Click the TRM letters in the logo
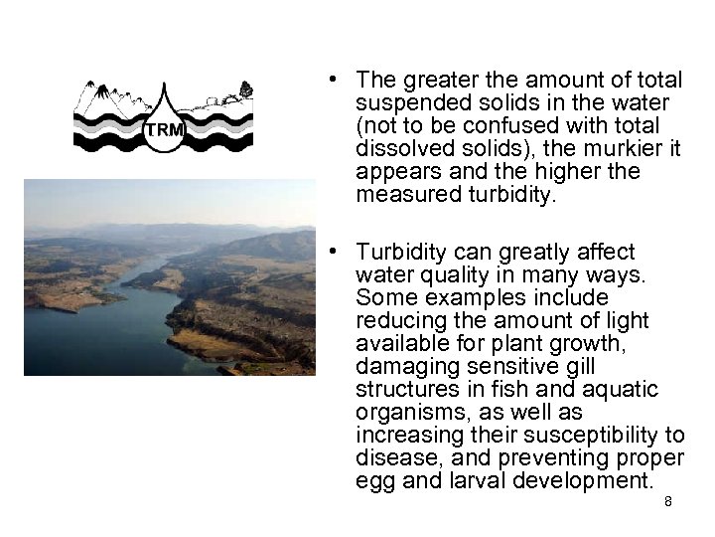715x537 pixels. point(164,130)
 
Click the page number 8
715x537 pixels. point(668,502)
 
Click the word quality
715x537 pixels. point(441,275)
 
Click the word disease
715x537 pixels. point(393,458)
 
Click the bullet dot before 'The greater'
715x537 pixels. point(339,81)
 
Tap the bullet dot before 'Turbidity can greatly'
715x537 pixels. point(339,253)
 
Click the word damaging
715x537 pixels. point(401,367)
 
